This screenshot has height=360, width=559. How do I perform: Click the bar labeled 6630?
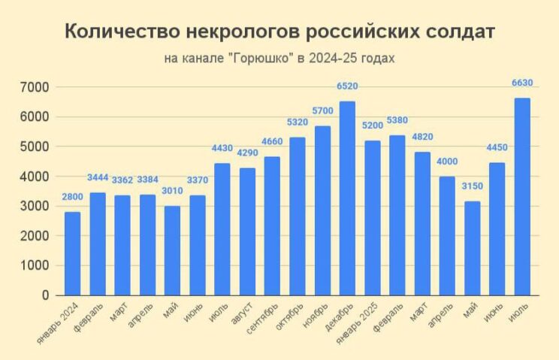pyautogui.click(x=522, y=197)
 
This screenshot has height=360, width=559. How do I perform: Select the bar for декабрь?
pyautogui.click(x=347, y=198)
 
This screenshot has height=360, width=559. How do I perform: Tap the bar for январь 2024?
pyautogui.click(x=72, y=253)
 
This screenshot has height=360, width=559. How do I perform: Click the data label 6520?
pyautogui.click(x=347, y=86)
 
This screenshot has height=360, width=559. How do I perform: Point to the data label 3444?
pyautogui.click(x=97, y=177)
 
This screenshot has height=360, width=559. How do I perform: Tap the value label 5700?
pyautogui.click(x=322, y=110)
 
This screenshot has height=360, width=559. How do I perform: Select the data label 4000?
pyautogui.click(x=447, y=161)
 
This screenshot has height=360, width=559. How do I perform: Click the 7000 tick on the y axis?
pyautogui.click(x=35, y=87)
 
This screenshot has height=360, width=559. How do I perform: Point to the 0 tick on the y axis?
pyautogui.click(x=45, y=295)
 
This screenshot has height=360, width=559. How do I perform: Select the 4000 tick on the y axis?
pyautogui.click(x=35, y=177)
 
